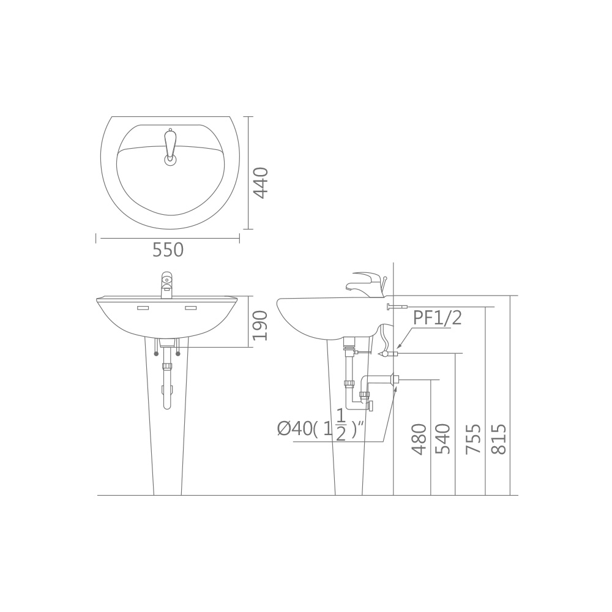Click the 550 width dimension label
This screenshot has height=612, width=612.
pos(168,250)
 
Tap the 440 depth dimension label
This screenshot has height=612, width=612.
pos(260,182)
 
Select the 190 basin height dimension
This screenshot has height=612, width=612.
pos(260,326)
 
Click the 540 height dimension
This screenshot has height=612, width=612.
pos(442,439)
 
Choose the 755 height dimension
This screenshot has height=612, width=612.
pos(474,439)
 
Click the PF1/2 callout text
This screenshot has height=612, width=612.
pos(437,319)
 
